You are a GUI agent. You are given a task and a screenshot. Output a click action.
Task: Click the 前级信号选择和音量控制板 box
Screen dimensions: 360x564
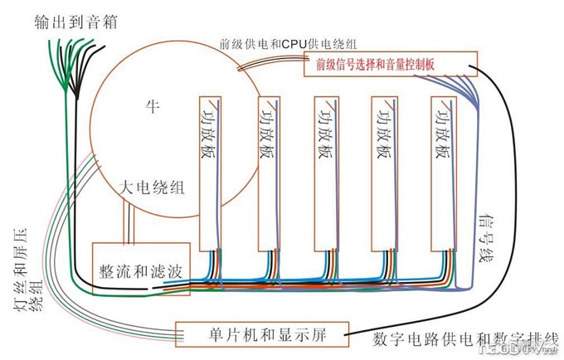(x=391, y=65)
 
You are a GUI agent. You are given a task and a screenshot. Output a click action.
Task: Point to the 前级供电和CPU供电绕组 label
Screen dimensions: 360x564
(x=288, y=43)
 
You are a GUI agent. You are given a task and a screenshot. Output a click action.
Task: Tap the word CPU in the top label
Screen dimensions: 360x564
(x=295, y=43)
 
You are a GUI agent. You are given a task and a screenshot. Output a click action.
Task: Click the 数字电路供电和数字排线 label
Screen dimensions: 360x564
(x=465, y=339)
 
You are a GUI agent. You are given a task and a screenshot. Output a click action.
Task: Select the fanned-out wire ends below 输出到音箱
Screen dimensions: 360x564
(x=70, y=66)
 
